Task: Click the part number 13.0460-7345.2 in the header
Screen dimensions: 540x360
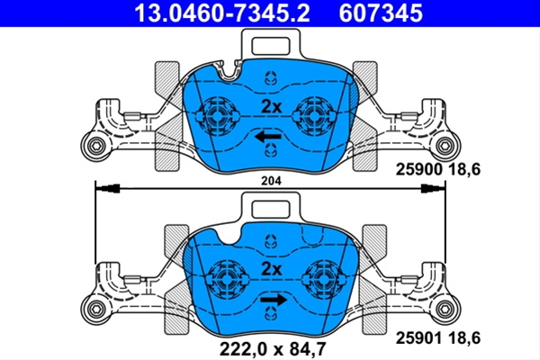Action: pos(221,13)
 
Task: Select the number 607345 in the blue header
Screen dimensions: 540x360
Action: pos(381,13)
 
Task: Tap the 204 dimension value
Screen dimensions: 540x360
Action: pos(271,181)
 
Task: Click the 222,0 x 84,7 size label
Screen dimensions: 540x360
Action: pos(273,349)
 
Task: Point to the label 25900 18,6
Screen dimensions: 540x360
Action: pos(437,169)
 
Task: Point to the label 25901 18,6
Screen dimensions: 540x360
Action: pos(437,338)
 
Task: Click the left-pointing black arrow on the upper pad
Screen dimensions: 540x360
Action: pos(268,137)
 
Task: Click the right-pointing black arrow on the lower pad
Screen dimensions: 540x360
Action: pos(274,300)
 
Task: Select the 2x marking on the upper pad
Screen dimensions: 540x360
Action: pos(272,107)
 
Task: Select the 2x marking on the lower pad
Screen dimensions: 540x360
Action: pos(272,269)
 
